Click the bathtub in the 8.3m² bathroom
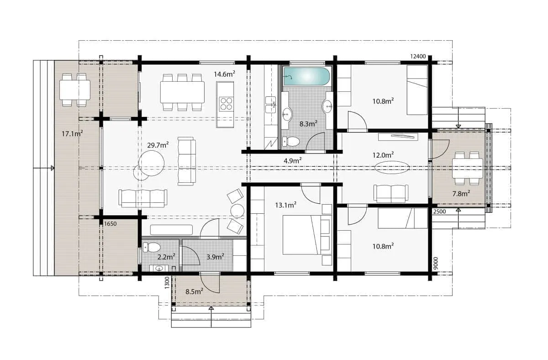coord(306,76)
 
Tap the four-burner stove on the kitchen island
coord(227,104)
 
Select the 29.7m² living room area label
coord(158,145)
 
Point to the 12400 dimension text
coord(418,57)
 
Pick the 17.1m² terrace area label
coord(72,133)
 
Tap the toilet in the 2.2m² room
coord(152,247)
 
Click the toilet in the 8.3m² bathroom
coord(291,141)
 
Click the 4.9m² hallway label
coord(293,160)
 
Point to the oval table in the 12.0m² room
coord(392,167)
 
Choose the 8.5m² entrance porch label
coord(194,291)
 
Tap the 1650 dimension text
coord(111,224)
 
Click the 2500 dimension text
coord(440,212)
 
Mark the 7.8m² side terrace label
coord(461,194)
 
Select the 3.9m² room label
coord(216,257)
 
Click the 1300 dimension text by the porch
coord(167,283)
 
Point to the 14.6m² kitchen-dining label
coord(225,74)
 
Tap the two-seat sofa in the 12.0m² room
coord(391,194)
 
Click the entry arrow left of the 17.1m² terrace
coord(43,168)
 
